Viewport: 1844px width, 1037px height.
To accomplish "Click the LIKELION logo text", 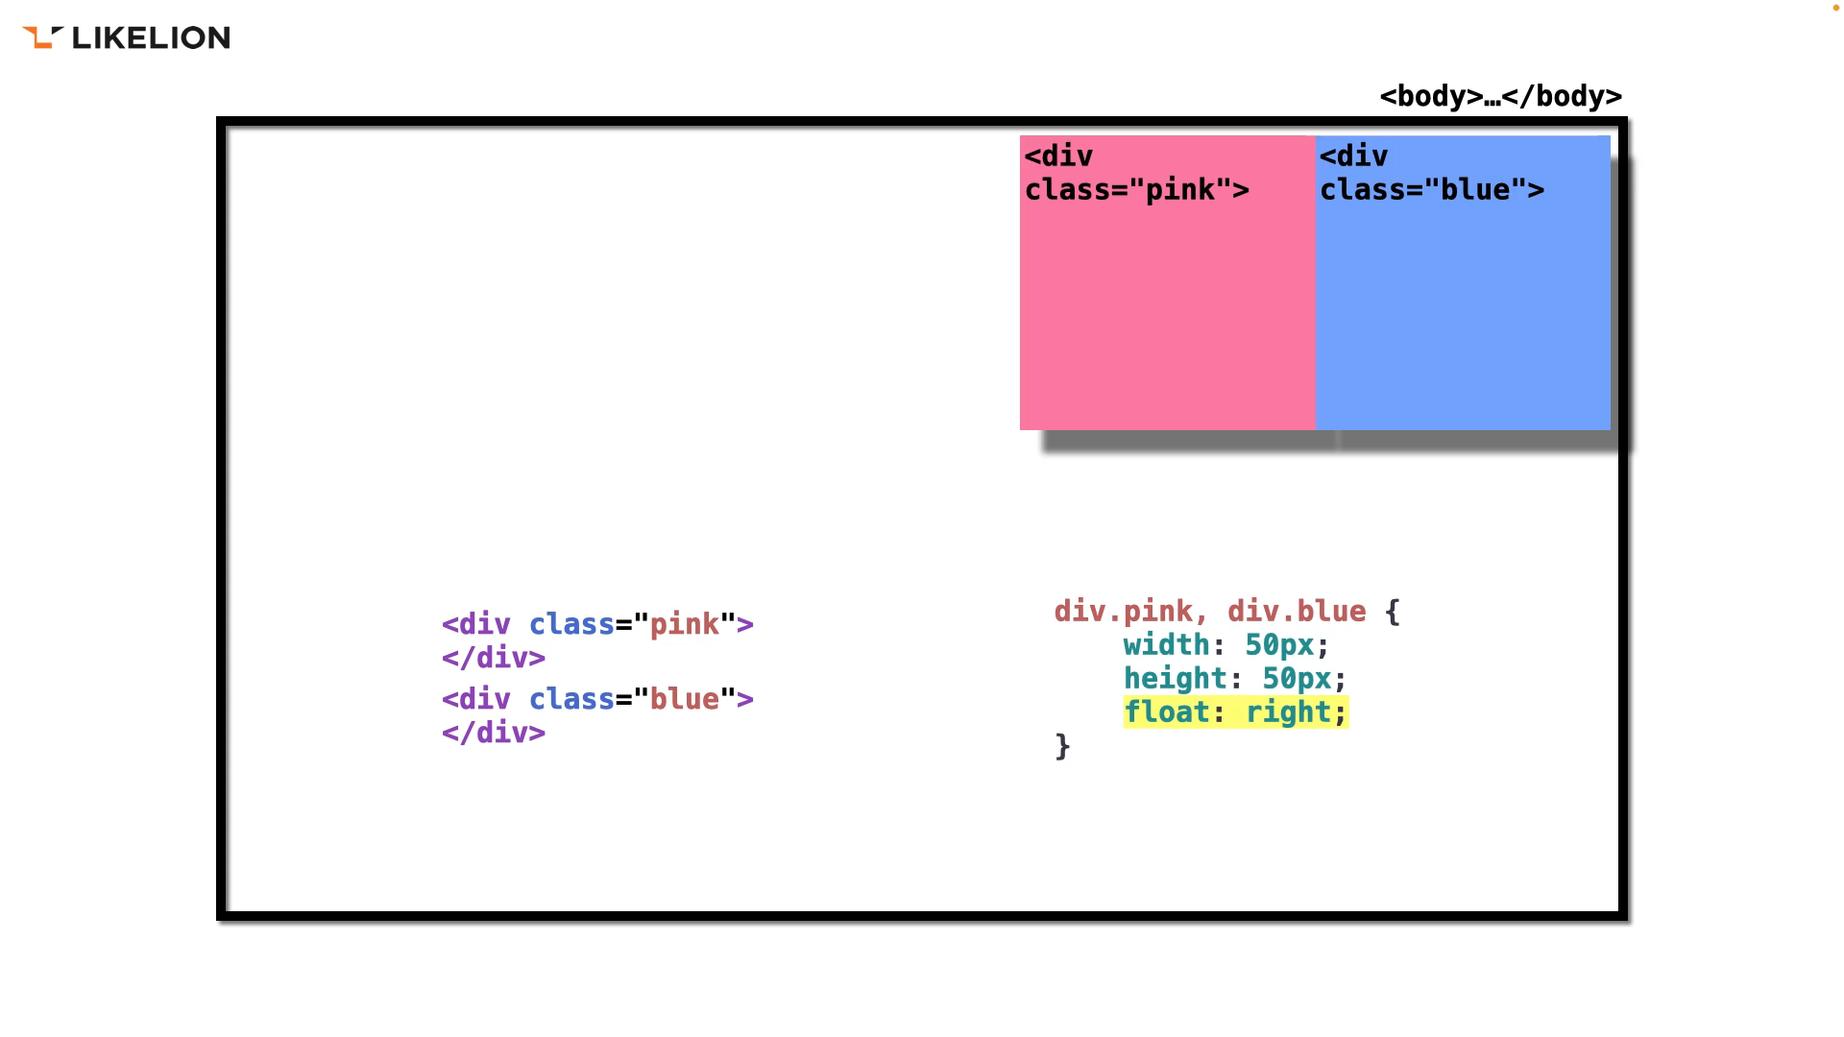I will pyautogui.click(x=151, y=37).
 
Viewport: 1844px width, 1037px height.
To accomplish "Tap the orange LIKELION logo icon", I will pyautogui.click(x=41, y=37).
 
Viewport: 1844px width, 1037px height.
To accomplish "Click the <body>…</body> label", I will pyautogui.click(x=1500, y=96).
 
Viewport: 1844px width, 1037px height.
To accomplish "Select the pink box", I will pyautogui.click(x=1167, y=307).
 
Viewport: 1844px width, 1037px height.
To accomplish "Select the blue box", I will pyautogui.click(x=1462, y=307).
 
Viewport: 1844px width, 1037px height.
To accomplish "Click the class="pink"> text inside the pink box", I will pyautogui.click(x=1137, y=190).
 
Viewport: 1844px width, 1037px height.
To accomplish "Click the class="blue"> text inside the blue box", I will pyautogui.click(x=1432, y=190).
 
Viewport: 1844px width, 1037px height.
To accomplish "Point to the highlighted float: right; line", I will pyautogui.click(x=1236, y=712).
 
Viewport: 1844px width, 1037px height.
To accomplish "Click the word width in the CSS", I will pyautogui.click(x=1166, y=644).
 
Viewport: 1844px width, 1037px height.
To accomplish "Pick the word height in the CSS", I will pyautogui.click(x=1176, y=678).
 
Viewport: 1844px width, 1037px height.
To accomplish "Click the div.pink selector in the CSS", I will pyautogui.click(x=1123, y=611).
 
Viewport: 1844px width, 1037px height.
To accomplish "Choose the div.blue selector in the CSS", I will pyautogui.click(x=1297, y=611).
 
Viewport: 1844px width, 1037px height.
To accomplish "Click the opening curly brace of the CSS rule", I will pyautogui.click(x=1393, y=612).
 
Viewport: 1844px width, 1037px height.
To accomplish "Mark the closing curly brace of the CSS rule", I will pyautogui.click(x=1062, y=746).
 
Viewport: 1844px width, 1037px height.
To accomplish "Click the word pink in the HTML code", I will pyautogui.click(x=684, y=624).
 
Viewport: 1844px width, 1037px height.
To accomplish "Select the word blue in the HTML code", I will pyautogui.click(x=684, y=699).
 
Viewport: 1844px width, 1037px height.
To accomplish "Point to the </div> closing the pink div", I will pyautogui.click(x=494, y=658).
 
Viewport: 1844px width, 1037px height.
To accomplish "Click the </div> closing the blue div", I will pyautogui.click(x=494, y=733).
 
